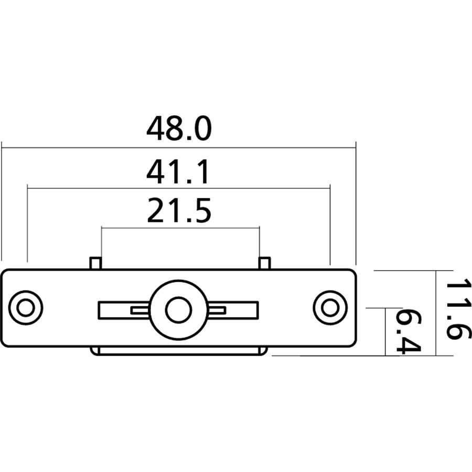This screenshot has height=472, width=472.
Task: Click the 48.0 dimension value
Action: (x=179, y=128)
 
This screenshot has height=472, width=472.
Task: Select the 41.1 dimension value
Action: (x=178, y=173)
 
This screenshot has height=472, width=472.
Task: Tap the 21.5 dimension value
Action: (x=179, y=211)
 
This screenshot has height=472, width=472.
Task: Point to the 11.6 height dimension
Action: (x=456, y=309)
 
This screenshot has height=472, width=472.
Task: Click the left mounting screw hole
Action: (x=25, y=308)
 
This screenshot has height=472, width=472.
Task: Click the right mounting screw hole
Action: (x=330, y=308)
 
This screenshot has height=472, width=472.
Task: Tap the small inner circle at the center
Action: (x=178, y=309)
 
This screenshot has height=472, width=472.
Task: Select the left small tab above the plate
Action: (x=95, y=263)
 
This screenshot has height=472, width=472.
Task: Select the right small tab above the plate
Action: (x=265, y=263)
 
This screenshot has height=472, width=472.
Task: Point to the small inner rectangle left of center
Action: (x=141, y=310)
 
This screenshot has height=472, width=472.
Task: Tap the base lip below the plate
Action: (x=178, y=351)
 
